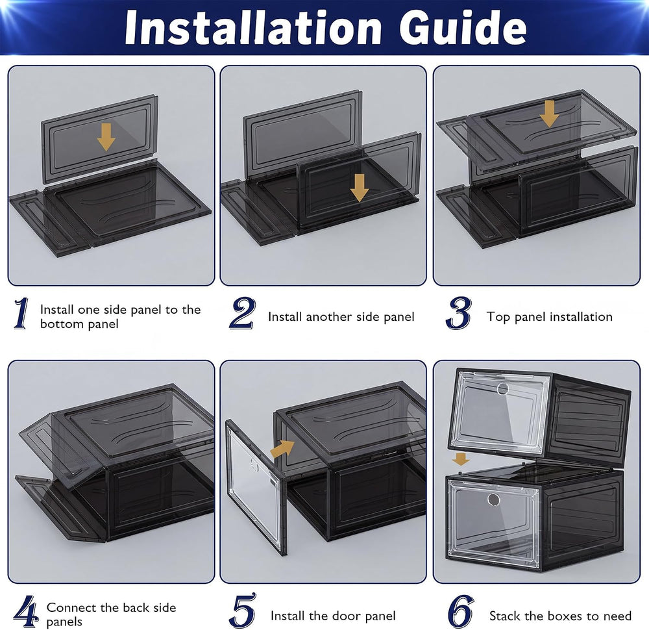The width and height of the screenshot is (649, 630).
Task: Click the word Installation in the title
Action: (x=252, y=27)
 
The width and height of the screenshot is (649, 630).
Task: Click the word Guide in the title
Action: (x=463, y=27)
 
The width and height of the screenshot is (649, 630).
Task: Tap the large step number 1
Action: (x=21, y=313)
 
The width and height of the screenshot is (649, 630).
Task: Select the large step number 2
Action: (x=242, y=313)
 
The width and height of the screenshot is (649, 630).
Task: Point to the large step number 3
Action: (x=459, y=313)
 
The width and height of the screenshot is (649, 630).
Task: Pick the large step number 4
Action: (x=26, y=611)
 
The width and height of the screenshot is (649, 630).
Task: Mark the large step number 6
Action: (x=460, y=611)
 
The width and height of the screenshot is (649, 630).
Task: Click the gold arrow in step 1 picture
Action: (x=106, y=136)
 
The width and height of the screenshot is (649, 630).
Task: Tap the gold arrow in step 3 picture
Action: (x=549, y=114)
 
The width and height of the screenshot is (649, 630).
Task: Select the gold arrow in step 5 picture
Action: (x=282, y=449)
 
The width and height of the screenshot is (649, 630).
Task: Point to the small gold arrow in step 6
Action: (x=460, y=459)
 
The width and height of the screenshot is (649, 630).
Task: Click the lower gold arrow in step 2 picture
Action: (x=360, y=188)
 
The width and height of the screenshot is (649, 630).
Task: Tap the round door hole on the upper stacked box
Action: (x=503, y=388)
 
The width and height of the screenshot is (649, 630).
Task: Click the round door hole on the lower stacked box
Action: (x=493, y=499)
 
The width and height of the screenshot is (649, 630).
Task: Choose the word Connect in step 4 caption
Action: (x=71, y=608)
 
